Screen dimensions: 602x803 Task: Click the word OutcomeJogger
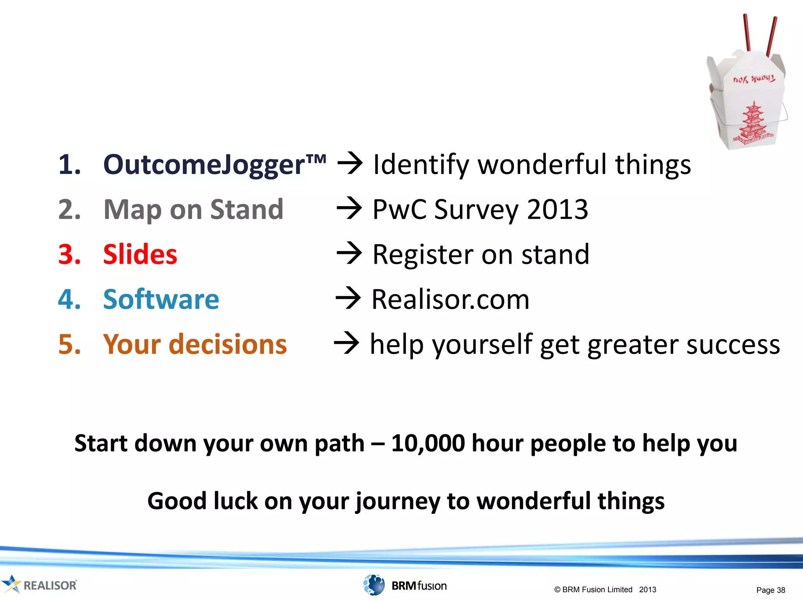click(x=204, y=165)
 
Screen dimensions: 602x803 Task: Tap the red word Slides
click(x=140, y=255)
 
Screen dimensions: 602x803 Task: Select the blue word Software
click(x=161, y=299)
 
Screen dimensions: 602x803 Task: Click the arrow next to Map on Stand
click(x=349, y=209)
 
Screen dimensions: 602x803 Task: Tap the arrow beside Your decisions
click(x=346, y=343)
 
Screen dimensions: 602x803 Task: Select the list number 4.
click(x=69, y=299)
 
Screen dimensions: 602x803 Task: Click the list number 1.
click(x=69, y=165)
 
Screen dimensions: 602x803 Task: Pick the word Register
click(x=422, y=255)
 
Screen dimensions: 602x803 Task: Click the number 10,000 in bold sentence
click(x=428, y=443)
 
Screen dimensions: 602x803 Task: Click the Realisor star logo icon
click(x=11, y=584)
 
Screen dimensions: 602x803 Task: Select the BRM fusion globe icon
click(x=374, y=585)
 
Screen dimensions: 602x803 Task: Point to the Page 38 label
click(x=770, y=590)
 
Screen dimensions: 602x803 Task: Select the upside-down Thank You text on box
click(x=754, y=80)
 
